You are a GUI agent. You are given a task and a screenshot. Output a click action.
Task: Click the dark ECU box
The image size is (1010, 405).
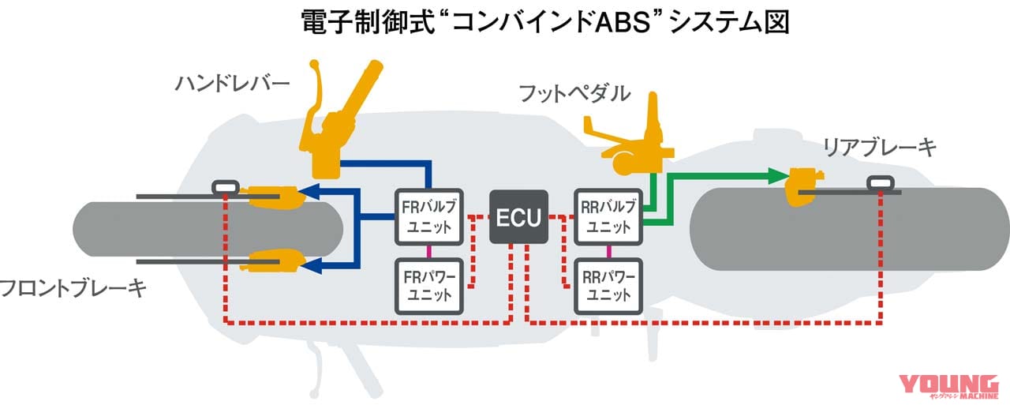coord(519,217)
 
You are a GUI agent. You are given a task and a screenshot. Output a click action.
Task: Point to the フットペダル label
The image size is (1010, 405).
coord(574,93)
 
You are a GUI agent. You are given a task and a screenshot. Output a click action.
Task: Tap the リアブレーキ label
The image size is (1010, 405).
coord(880,146)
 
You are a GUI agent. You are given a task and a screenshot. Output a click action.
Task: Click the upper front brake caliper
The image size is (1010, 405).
coord(272,196)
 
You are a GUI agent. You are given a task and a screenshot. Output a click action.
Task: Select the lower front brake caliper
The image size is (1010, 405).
coord(272,261)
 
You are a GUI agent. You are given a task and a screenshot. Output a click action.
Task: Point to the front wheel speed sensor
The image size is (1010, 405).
coord(226,187)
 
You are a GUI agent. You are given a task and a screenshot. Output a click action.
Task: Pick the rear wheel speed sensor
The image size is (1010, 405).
coord(881,183)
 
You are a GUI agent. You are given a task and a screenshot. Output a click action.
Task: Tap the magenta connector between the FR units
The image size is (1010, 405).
coord(428,251)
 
